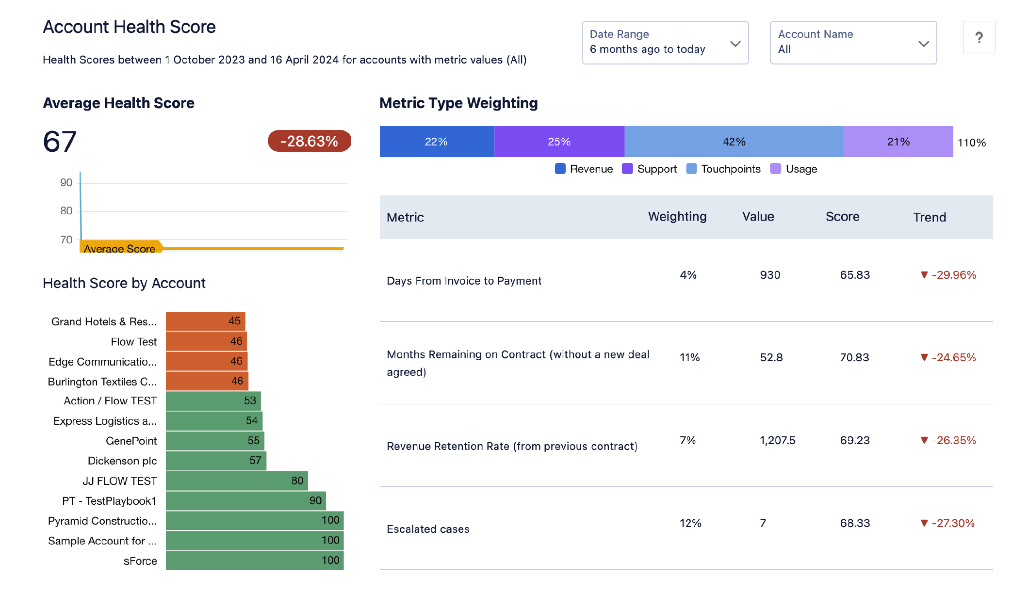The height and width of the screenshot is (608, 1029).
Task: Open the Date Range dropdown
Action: coord(665,43)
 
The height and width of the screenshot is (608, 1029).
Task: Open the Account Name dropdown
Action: coord(853,43)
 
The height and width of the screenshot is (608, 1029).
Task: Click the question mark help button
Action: coord(979,37)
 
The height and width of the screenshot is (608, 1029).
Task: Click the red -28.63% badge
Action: coord(309,141)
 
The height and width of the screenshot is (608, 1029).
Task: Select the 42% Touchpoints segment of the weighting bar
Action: coord(734,142)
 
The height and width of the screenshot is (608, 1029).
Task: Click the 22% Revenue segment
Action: coord(436,142)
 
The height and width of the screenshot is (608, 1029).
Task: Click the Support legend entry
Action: coord(650,169)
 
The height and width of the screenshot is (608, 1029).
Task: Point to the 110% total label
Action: coord(971,143)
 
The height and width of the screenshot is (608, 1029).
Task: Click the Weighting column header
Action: coord(677,217)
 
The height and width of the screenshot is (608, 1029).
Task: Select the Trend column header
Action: coord(929,217)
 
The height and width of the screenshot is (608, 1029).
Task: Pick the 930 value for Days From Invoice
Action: coord(769,275)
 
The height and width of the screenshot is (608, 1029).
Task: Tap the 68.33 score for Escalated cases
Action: coord(855,523)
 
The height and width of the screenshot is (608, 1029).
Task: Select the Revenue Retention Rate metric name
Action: coord(512,446)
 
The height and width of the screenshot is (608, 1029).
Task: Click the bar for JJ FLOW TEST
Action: coord(237,480)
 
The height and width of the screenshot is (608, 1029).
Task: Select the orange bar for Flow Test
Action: coord(206,341)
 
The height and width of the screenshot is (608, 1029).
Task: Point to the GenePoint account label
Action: coord(131,441)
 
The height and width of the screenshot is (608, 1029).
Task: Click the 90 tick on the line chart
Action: coord(66,183)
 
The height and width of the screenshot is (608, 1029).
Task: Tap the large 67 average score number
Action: coord(60,142)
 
